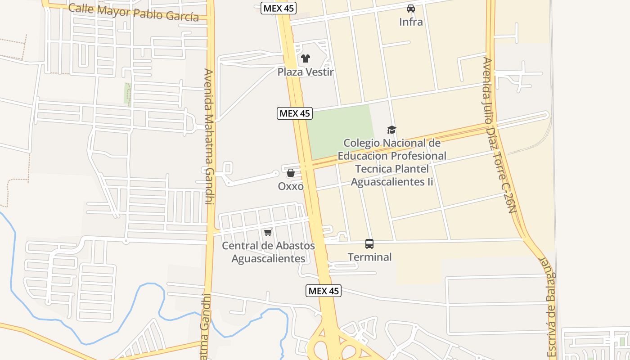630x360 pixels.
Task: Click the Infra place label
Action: click(411, 21)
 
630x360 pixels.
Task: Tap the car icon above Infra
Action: click(411, 8)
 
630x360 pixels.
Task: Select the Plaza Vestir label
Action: click(305, 72)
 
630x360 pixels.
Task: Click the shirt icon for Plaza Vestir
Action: click(306, 58)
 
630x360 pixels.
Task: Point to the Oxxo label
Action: click(291, 186)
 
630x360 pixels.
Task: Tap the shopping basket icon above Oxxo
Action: click(291, 173)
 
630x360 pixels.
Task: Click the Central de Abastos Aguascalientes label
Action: click(269, 252)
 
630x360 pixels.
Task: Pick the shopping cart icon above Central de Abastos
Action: click(268, 232)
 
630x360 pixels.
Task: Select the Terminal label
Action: click(369, 257)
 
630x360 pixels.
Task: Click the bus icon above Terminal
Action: click(369, 244)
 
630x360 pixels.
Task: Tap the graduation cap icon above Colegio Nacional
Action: click(391, 130)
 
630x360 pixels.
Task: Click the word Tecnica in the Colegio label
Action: click(372, 169)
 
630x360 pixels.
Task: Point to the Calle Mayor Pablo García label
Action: click(133, 13)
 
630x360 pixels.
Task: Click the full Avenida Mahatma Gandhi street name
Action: click(208, 136)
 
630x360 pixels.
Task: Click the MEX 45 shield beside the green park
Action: click(295, 113)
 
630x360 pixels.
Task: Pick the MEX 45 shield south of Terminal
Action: click(323, 291)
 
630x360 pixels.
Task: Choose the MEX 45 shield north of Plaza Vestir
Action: click(279, 8)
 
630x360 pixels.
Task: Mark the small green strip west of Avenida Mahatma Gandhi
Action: click(128, 93)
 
